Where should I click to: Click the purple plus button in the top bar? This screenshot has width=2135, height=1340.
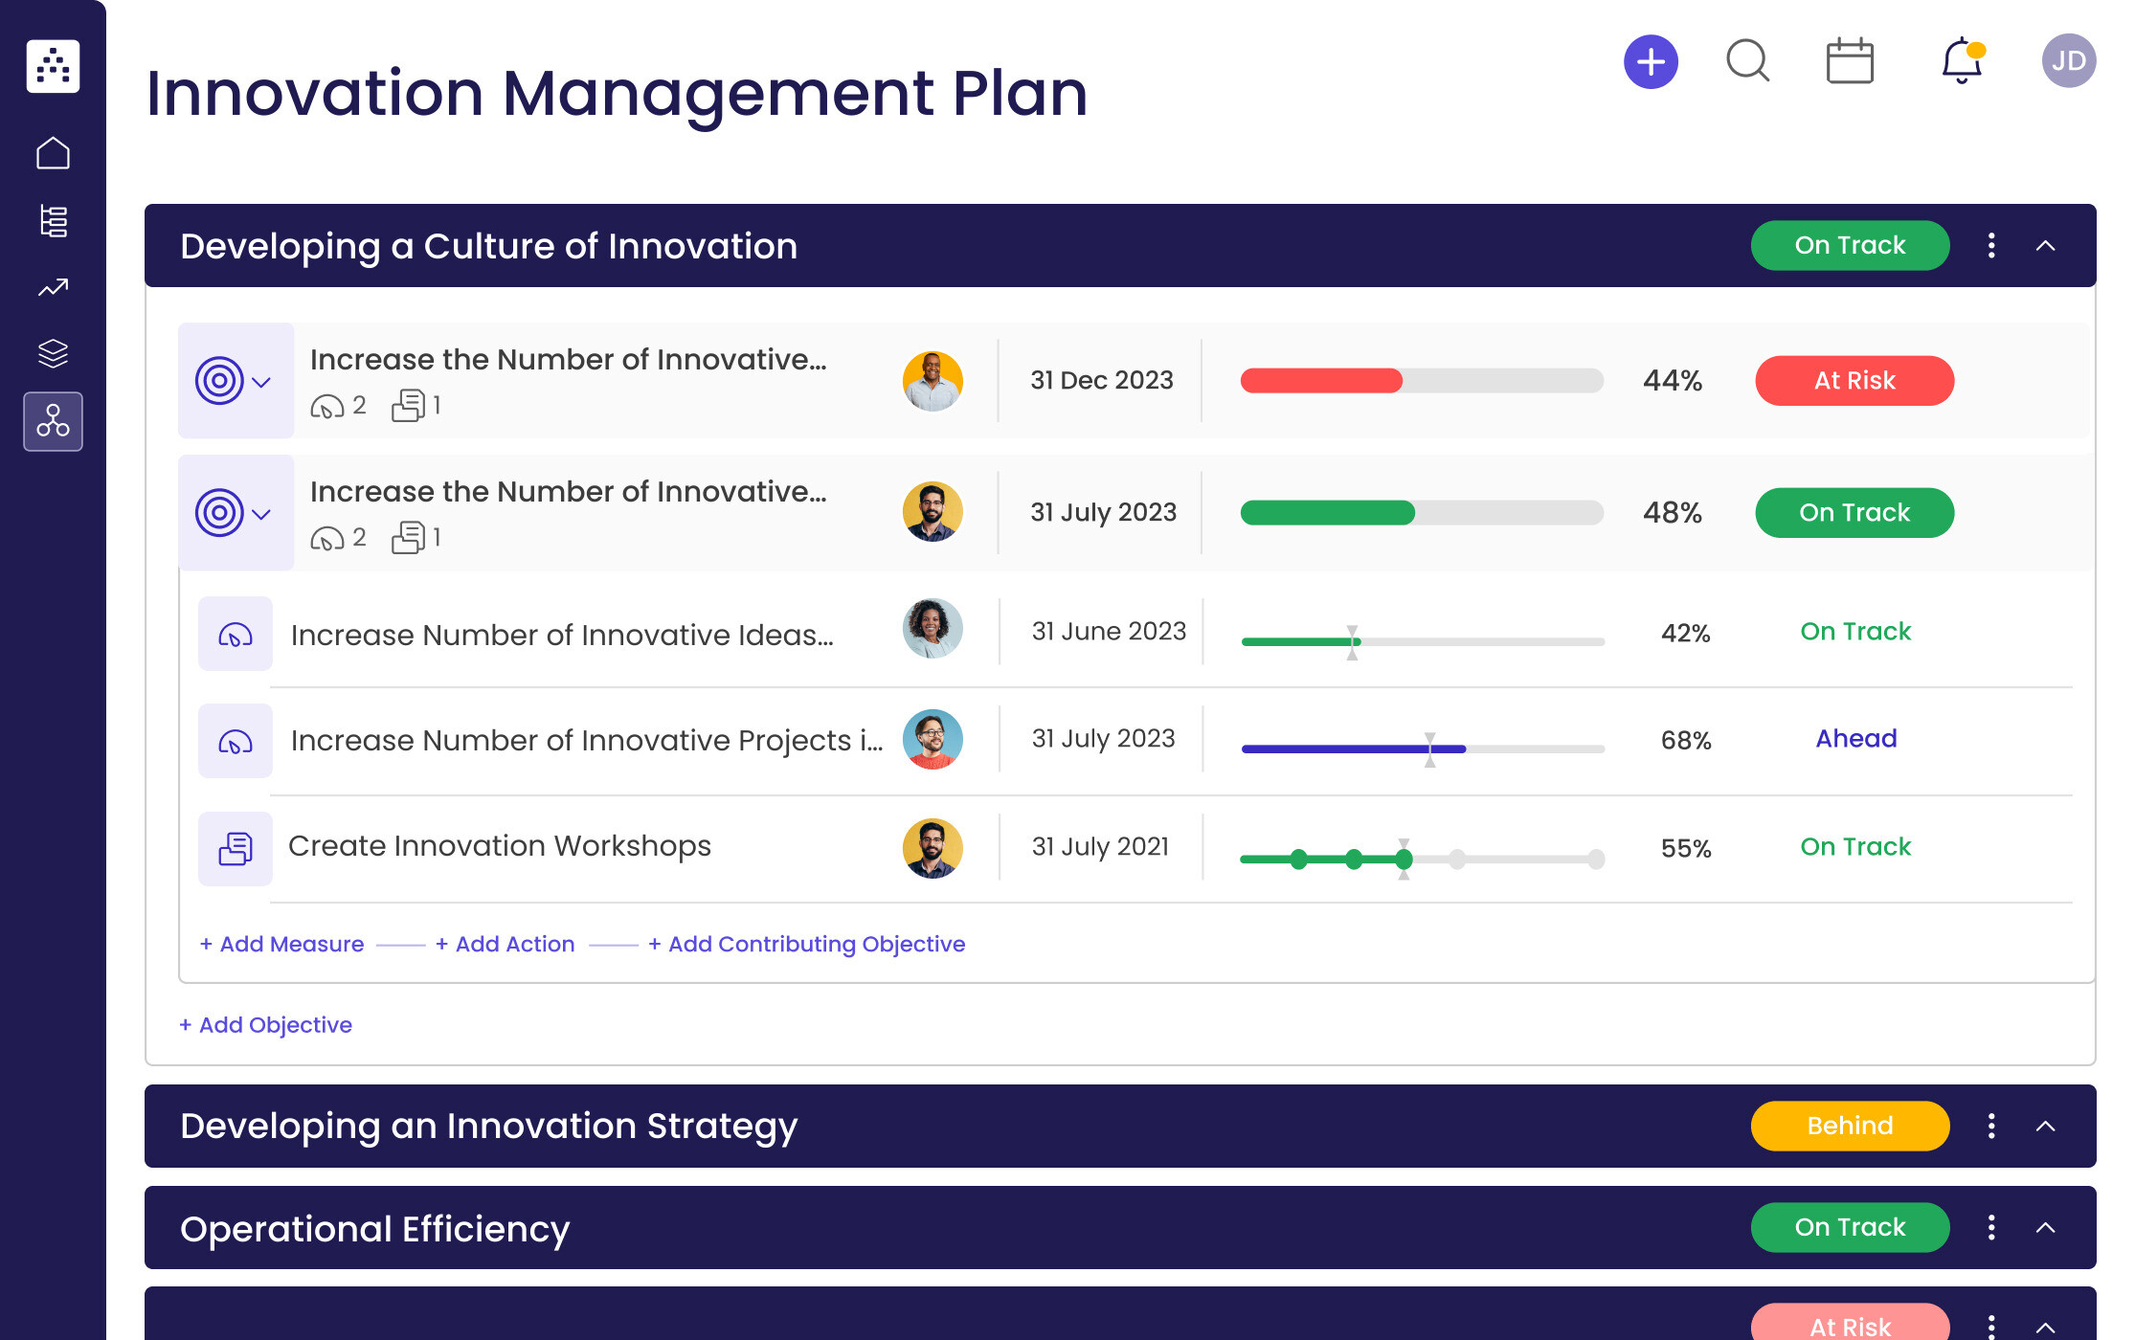coord(1651,62)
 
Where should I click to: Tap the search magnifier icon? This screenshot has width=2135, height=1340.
coord(1747,61)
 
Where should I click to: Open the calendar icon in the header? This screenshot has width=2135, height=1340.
coord(1850,62)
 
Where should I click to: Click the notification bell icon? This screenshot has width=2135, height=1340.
coord(1961,61)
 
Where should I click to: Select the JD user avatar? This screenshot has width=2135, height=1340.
coord(2068,61)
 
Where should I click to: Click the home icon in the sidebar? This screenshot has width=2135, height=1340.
coord(53,153)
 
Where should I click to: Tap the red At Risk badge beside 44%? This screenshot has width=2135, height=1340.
coord(1854,381)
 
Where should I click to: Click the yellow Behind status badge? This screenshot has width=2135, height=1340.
coord(1850,1126)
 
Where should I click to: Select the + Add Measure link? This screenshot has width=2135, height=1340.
coord(282,944)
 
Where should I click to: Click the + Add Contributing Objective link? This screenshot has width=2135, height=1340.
coord(806,944)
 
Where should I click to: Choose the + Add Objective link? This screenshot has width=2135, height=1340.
coord(266,1025)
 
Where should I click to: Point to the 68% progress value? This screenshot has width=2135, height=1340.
coord(1685,740)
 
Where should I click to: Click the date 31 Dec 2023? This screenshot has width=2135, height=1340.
coord(1101,380)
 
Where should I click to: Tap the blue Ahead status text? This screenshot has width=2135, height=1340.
coord(1855,738)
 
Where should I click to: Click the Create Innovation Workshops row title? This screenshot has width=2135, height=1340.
coord(499,846)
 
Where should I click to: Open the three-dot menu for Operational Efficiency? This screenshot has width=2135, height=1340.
coord(1991,1228)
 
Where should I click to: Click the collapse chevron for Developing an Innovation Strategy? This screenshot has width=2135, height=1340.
coord(2045,1127)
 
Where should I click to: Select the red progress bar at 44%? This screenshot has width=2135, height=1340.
coord(1321,381)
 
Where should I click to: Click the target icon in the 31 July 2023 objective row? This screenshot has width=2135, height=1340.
coord(219,513)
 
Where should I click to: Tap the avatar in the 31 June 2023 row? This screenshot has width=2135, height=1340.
coord(932,629)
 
